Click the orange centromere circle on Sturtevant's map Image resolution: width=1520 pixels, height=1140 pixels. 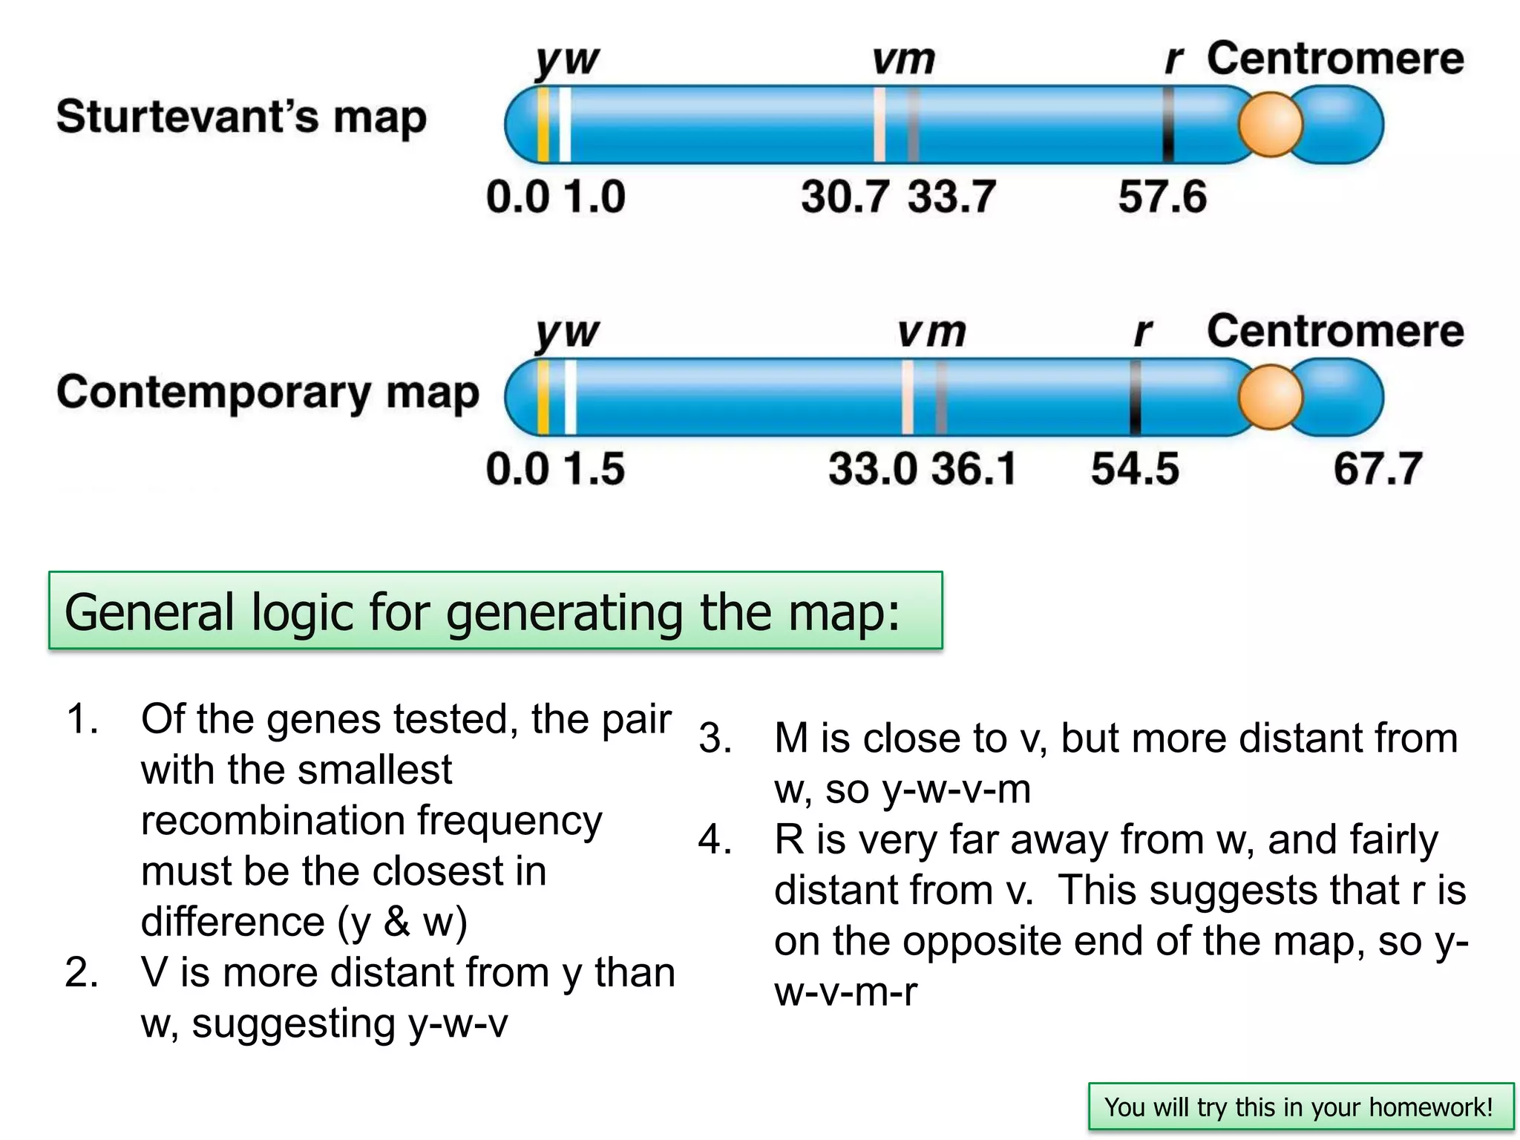point(1270,125)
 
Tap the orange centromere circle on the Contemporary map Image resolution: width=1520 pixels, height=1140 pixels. point(1270,398)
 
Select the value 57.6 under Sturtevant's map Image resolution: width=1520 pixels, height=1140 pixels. point(1162,197)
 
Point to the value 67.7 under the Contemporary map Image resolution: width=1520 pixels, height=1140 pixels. point(1377,469)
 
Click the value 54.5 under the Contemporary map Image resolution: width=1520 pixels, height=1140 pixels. point(1135,469)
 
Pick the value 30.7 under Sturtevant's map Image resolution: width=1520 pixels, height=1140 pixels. point(845,197)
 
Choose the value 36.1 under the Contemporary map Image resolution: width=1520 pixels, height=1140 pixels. point(974,469)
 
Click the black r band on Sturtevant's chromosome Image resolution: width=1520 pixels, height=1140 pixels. point(1168,125)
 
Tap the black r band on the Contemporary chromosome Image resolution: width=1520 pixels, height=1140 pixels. point(1135,398)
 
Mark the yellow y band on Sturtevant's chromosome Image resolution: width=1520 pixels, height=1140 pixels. point(543,125)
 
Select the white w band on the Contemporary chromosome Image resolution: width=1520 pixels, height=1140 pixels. point(570,398)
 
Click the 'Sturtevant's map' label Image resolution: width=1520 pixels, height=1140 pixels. point(242,117)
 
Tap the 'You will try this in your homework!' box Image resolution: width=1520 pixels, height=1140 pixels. point(1300,1107)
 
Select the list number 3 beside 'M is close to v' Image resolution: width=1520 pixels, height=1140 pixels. point(715,738)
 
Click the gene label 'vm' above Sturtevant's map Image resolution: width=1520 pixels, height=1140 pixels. point(903,59)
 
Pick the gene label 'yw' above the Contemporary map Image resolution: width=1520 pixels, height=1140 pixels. point(567,333)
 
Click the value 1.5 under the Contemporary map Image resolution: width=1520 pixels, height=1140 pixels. point(594,469)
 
